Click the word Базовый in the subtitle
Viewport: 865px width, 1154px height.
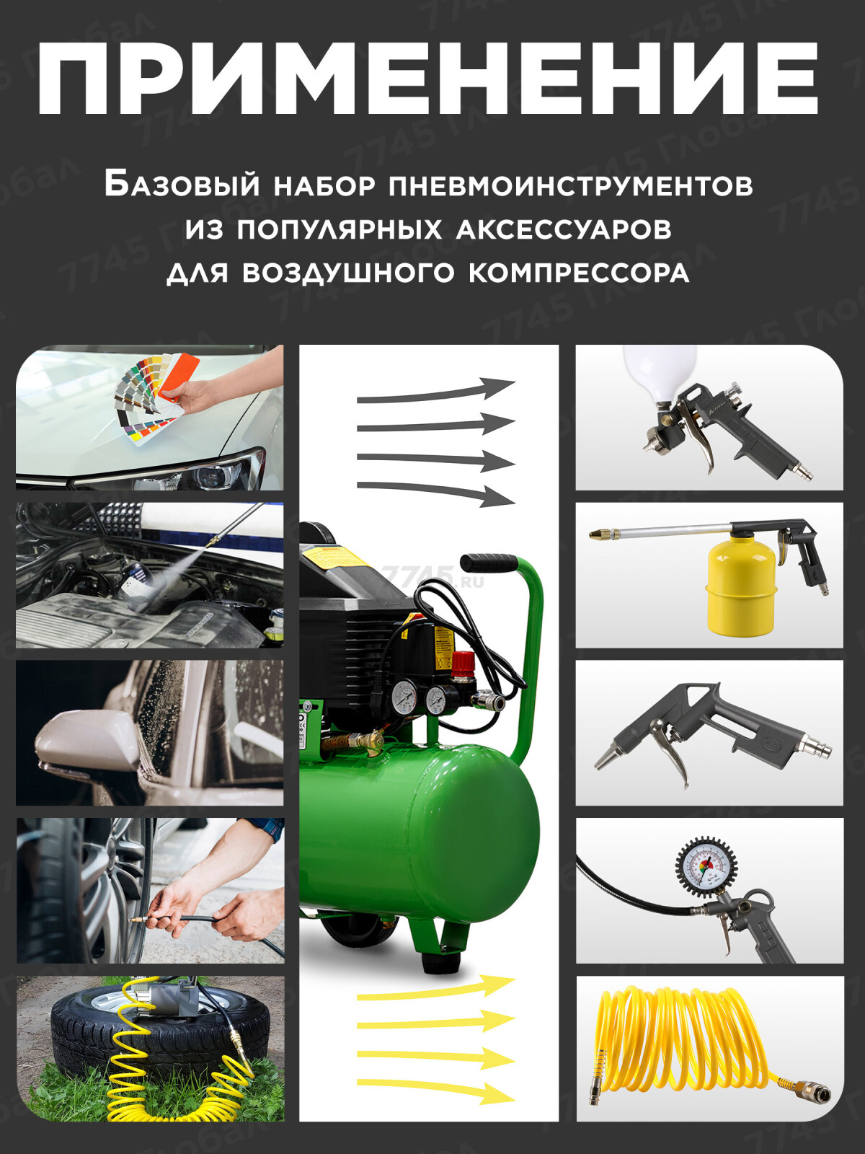click(x=181, y=185)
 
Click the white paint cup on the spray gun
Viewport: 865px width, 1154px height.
click(x=660, y=372)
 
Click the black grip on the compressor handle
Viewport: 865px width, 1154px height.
click(x=489, y=562)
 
